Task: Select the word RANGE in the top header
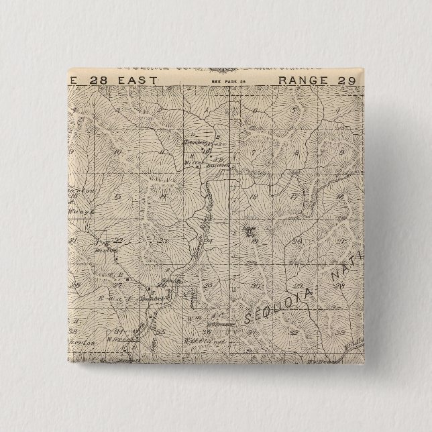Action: pyautogui.click(x=305, y=80)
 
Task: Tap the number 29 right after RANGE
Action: pyautogui.click(x=350, y=80)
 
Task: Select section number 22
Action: pyautogui.click(x=119, y=239)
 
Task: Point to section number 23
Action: pyautogui.click(x=163, y=239)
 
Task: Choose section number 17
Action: pyautogui.click(x=295, y=197)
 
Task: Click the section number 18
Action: pyautogui.click(x=254, y=197)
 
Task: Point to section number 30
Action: pyautogui.click(x=254, y=285)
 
